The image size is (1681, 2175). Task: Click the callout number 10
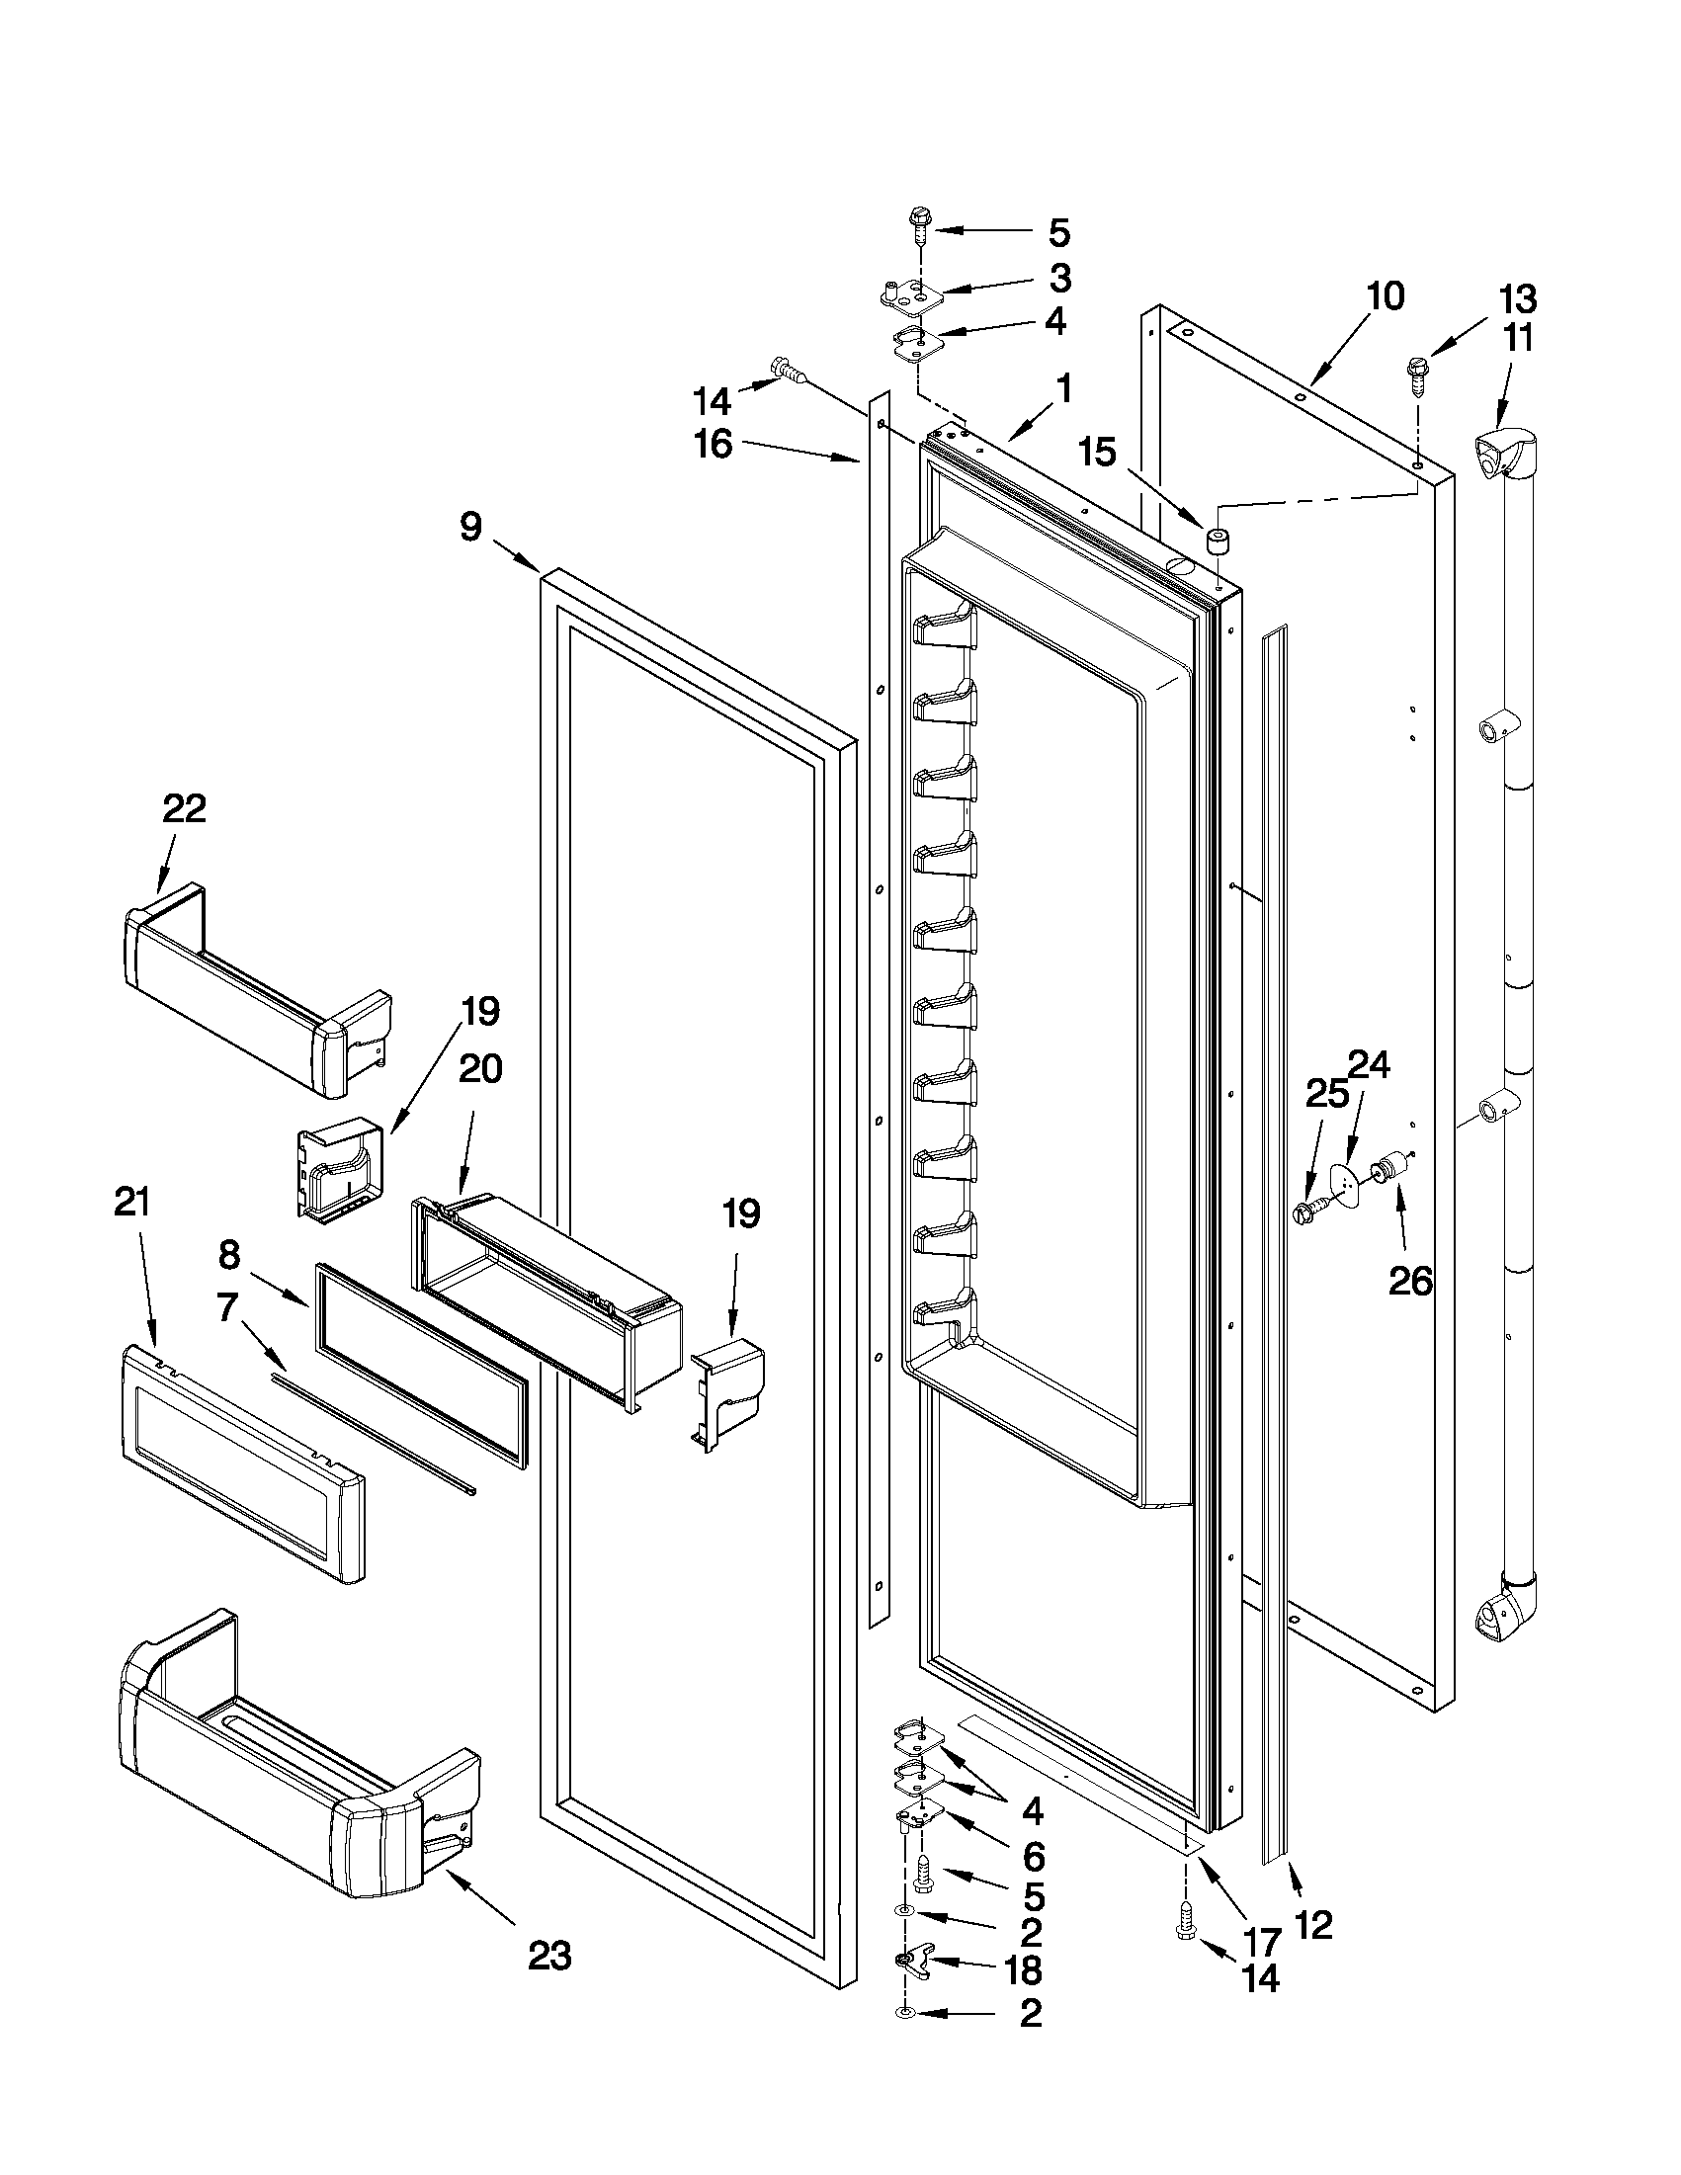(1385, 295)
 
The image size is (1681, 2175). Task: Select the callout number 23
(549, 1956)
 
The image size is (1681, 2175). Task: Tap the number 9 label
(471, 526)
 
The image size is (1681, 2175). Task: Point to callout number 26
(1410, 1281)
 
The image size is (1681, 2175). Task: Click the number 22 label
(184, 807)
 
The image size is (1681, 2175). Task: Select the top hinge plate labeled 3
(909, 294)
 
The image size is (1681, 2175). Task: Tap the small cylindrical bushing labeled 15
(1217, 541)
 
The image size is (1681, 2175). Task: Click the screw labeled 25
(1307, 1211)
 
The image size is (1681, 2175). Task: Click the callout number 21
(131, 1202)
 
